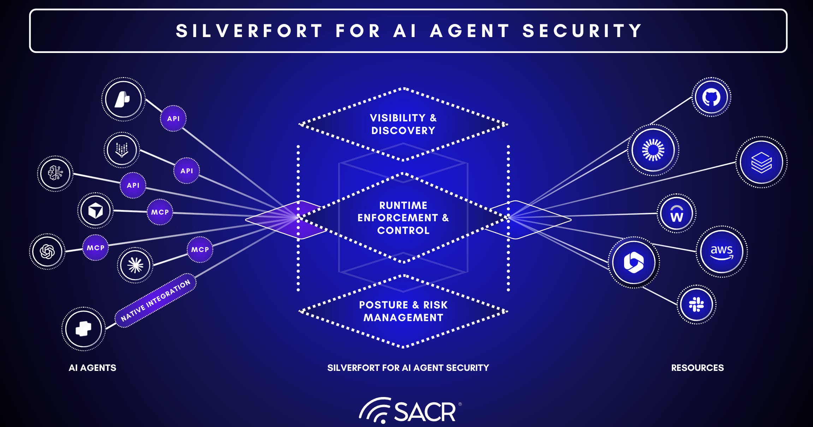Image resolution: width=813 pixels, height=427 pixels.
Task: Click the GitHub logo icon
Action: click(711, 97)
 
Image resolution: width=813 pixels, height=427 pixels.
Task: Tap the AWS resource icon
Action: click(722, 252)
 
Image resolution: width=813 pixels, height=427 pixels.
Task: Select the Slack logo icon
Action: click(696, 304)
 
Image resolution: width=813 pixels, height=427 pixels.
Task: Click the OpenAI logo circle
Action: click(47, 252)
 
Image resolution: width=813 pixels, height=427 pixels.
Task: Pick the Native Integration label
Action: click(155, 300)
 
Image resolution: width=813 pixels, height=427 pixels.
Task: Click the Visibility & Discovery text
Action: click(403, 124)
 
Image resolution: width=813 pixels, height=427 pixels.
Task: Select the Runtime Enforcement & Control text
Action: click(403, 218)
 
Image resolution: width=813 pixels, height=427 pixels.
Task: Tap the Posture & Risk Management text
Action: click(403, 311)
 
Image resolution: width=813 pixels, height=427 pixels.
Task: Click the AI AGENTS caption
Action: click(92, 368)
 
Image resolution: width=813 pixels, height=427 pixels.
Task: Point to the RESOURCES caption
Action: click(697, 368)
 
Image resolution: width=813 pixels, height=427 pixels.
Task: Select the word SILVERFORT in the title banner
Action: click(249, 31)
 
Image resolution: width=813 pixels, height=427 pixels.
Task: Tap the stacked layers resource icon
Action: click(761, 162)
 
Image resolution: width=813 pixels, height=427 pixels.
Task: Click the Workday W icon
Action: click(676, 213)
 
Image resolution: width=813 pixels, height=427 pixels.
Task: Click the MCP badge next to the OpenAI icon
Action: click(95, 248)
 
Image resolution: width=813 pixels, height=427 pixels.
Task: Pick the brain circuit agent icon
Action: click(55, 174)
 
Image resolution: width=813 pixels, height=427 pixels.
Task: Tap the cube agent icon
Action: click(95, 211)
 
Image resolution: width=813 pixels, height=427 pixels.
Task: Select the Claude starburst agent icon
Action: click(135, 265)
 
